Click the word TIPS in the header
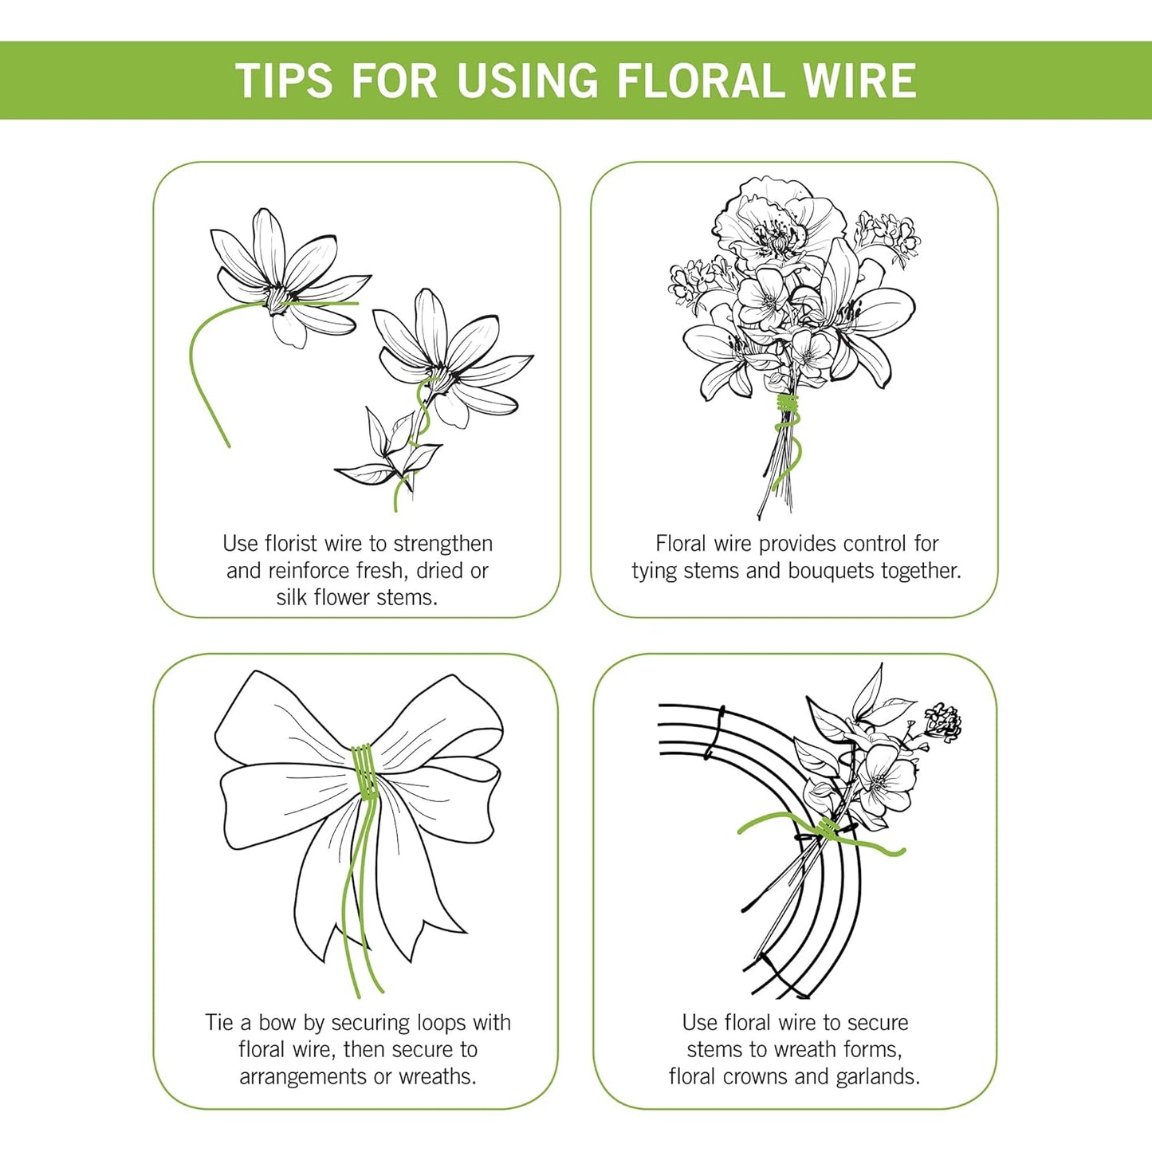(x=285, y=81)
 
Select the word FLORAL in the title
(x=701, y=81)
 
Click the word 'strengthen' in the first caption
(x=442, y=544)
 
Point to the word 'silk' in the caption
(x=293, y=597)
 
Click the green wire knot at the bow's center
(x=364, y=769)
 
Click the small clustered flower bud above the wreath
(x=944, y=721)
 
